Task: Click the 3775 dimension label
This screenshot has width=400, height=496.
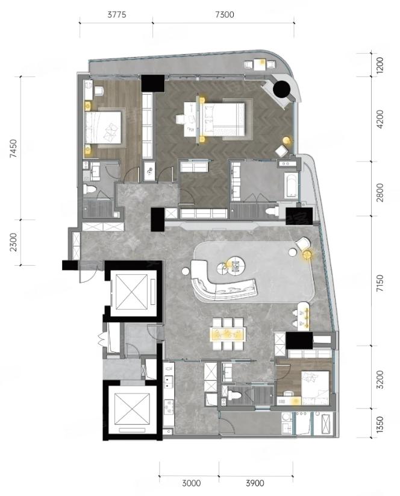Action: (x=117, y=14)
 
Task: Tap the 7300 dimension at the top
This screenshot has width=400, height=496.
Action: (x=225, y=14)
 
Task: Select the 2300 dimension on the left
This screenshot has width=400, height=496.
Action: (x=13, y=242)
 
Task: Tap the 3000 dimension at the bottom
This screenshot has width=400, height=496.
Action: (x=192, y=483)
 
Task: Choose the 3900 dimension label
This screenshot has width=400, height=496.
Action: (x=255, y=483)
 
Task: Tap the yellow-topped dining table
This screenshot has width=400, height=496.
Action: (x=228, y=334)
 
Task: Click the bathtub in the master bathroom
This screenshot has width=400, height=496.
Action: (x=290, y=185)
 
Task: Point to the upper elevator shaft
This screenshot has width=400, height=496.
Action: (x=131, y=292)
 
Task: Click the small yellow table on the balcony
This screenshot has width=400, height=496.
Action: (x=261, y=64)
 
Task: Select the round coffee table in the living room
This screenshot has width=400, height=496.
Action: (x=233, y=265)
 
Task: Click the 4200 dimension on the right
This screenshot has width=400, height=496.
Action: (x=380, y=119)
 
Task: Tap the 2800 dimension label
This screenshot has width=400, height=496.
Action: (x=380, y=192)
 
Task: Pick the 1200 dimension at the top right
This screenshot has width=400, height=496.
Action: (x=380, y=65)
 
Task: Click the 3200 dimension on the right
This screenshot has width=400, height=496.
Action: (x=380, y=380)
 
